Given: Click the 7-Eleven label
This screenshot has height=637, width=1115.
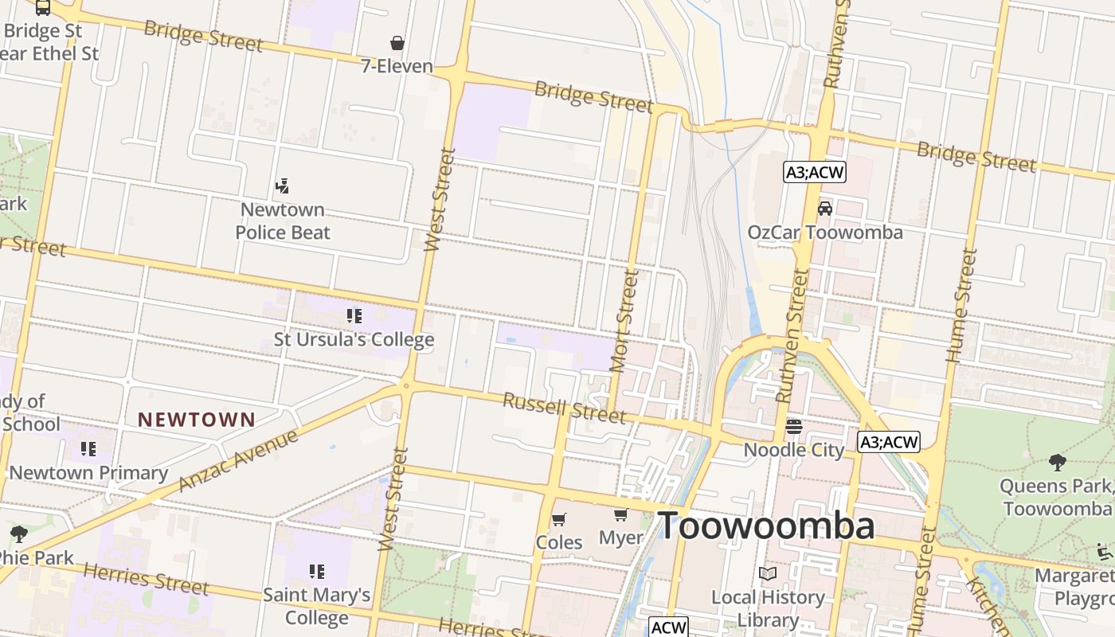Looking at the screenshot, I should click(x=397, y=66).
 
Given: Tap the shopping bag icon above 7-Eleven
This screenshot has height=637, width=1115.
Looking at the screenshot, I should click(x=397, y=42).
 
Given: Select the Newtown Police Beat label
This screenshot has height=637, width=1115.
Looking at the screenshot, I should click(x=283, y=221).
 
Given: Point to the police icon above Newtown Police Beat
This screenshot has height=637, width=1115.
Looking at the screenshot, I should click(x=281, y=186).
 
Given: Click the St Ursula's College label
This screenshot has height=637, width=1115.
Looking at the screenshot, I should click(x=354, y=340).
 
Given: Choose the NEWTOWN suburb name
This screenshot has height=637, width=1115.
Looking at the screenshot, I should click(x=197, y=420).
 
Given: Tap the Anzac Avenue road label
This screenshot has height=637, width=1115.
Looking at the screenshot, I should click(x=238, y=460).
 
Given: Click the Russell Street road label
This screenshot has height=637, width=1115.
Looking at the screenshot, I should click(x=564, y=408).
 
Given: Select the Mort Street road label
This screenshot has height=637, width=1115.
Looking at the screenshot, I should click(x=624, y=320).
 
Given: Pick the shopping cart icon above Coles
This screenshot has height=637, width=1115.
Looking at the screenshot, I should click(x=559, y=519).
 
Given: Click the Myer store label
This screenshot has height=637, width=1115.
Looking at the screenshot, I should click(x=620, y=538).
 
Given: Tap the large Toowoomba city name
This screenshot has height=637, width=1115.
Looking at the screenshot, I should click(x=765, y=526).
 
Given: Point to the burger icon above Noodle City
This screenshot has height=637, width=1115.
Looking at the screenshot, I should click(x=793, y=427).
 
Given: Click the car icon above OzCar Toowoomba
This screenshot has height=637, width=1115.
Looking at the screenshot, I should click(x=825, y=209).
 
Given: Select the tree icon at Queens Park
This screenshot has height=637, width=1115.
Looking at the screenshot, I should click(x=1057, y=462).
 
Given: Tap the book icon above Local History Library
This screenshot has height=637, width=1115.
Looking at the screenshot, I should click(x=768, y=573).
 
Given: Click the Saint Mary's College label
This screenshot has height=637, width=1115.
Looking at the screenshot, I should click(x=316, y=606).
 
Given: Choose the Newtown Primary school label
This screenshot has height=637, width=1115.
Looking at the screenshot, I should click(x=88, y=473).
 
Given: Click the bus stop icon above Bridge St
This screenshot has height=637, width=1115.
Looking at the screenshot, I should click(x=43, y=7).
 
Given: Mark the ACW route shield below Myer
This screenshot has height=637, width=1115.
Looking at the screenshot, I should click(x=667, y=627).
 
